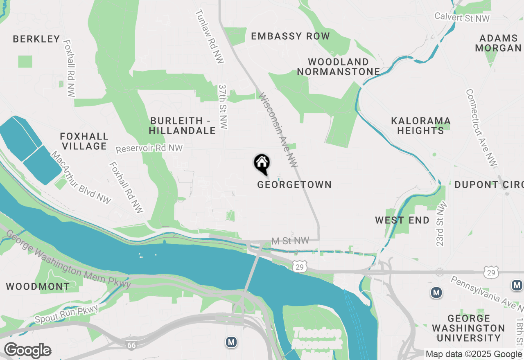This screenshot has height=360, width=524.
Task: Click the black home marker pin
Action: pos(262,164)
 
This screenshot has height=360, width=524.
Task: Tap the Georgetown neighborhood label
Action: pos(294,184)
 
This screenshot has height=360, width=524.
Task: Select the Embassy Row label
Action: pos(290,36)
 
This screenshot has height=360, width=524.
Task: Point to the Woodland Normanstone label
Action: pos(339,67)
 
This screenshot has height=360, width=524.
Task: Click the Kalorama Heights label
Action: pos(420,126)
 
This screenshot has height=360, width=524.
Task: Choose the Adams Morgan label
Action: pos(498,43)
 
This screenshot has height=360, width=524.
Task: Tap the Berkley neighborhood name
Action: pos(36,39)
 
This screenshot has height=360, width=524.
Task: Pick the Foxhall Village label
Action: pos(84,141)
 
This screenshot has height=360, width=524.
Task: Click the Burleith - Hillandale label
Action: pos(182,126)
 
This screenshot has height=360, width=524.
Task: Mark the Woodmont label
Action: pos(38,286)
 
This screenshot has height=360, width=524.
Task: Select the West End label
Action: pos(402,220)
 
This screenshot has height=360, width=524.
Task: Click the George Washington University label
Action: pos(469,328)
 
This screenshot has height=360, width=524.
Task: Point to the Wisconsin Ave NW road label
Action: pos(278,130)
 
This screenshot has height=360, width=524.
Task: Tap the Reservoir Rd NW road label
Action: pos(149,148)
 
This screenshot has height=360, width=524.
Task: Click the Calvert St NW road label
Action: pos(462,17)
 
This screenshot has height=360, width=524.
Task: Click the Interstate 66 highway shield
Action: pos(131,346)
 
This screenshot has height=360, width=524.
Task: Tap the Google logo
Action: pos(27,351)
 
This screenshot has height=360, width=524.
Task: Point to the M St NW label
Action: pos(289,241)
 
